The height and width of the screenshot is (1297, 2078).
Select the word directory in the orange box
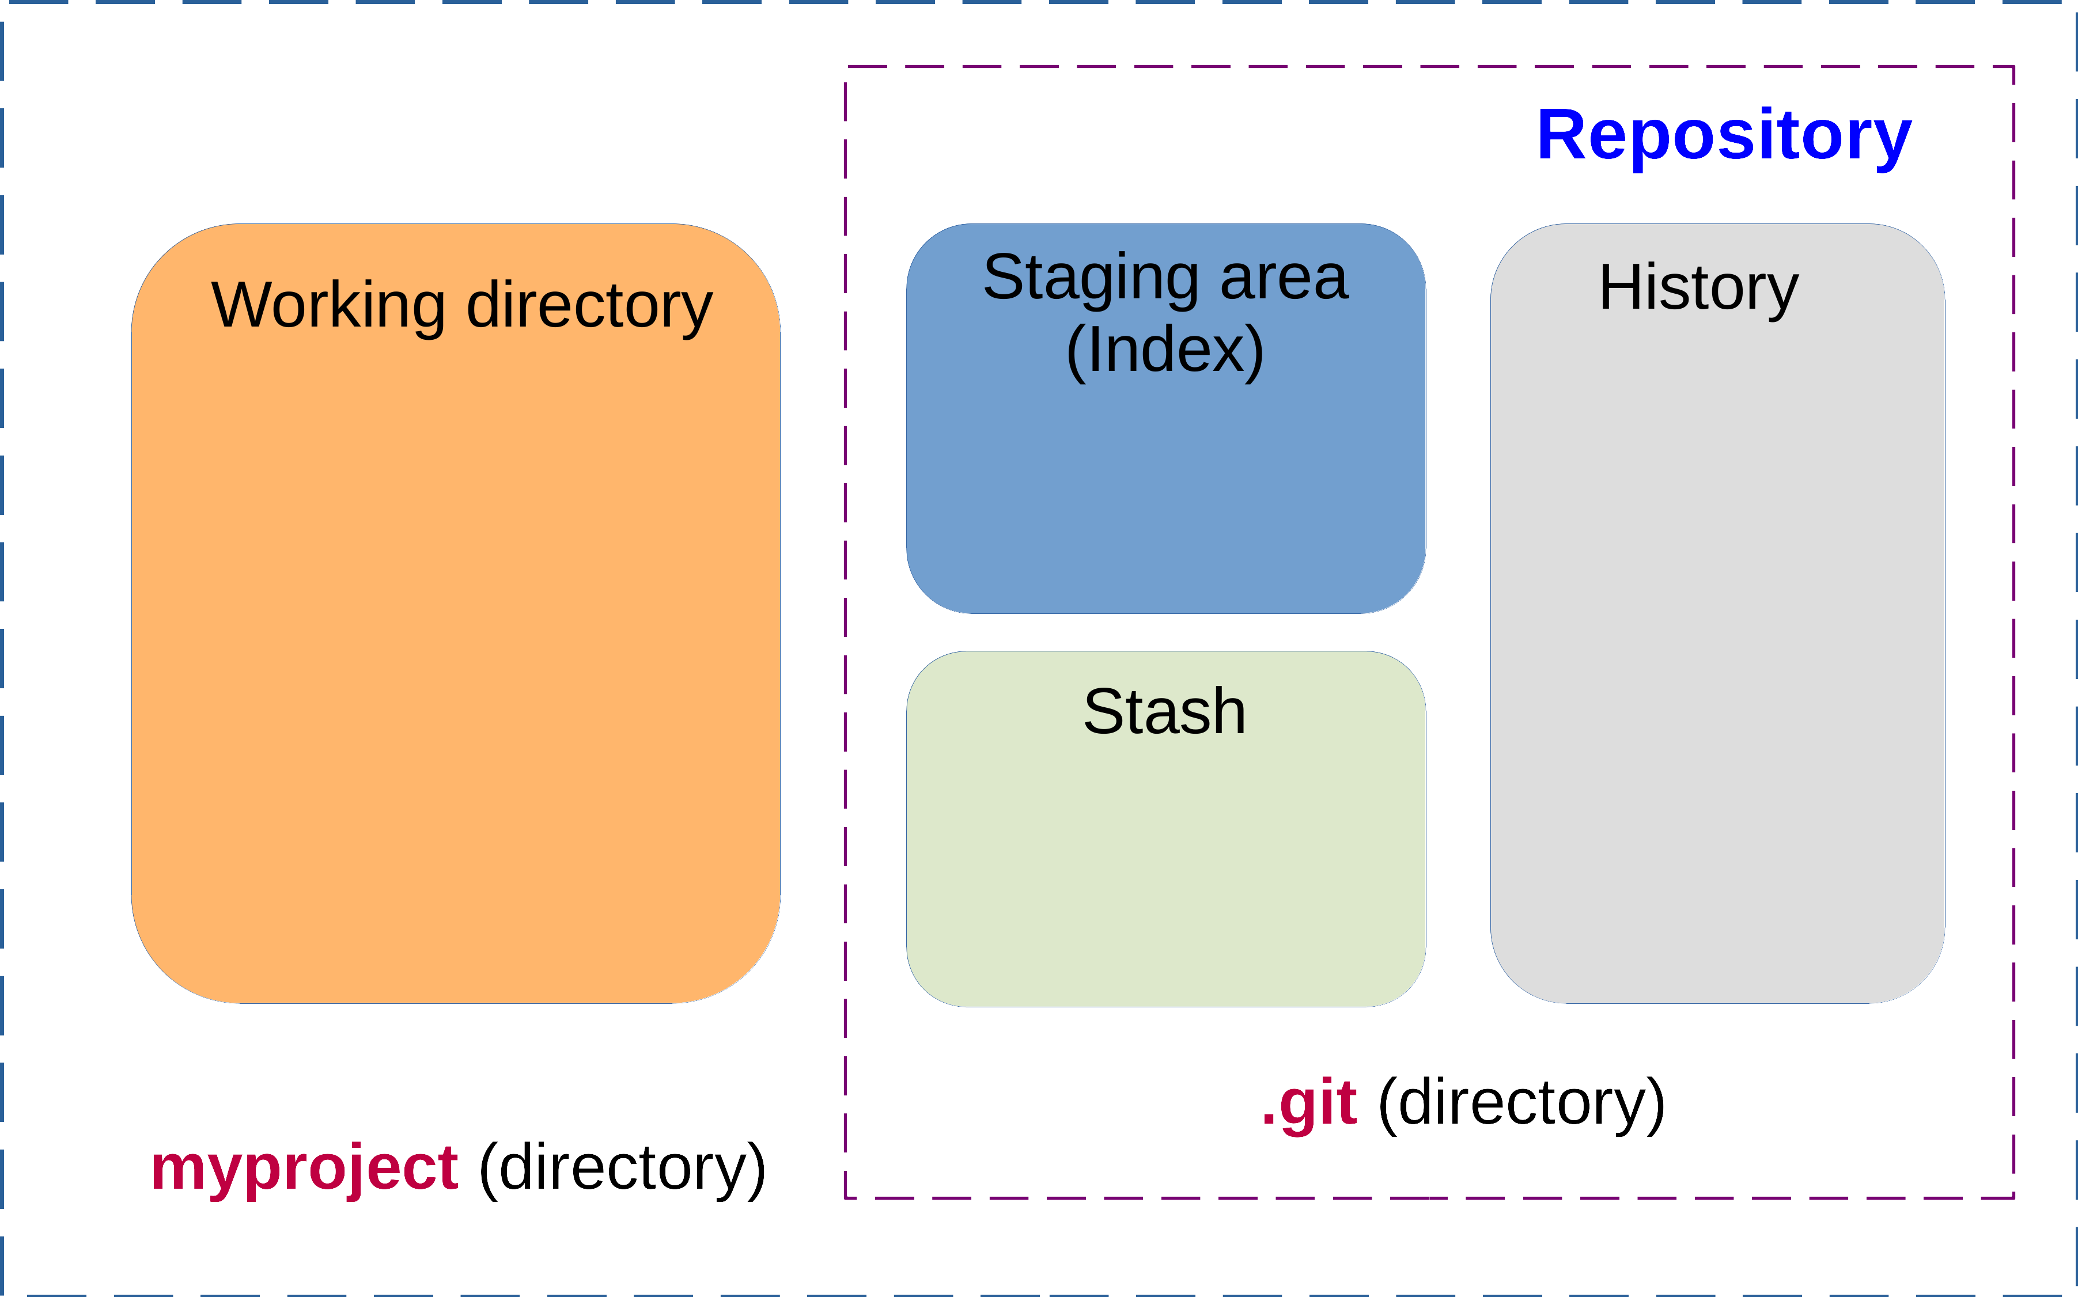coord(589,307)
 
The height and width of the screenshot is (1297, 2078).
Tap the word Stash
coord(1164,712)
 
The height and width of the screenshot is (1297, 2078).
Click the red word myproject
coord(305,1169)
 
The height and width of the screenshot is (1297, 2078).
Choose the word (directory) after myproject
coord(622,1169)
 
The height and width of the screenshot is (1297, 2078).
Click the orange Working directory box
coord(456,669)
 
